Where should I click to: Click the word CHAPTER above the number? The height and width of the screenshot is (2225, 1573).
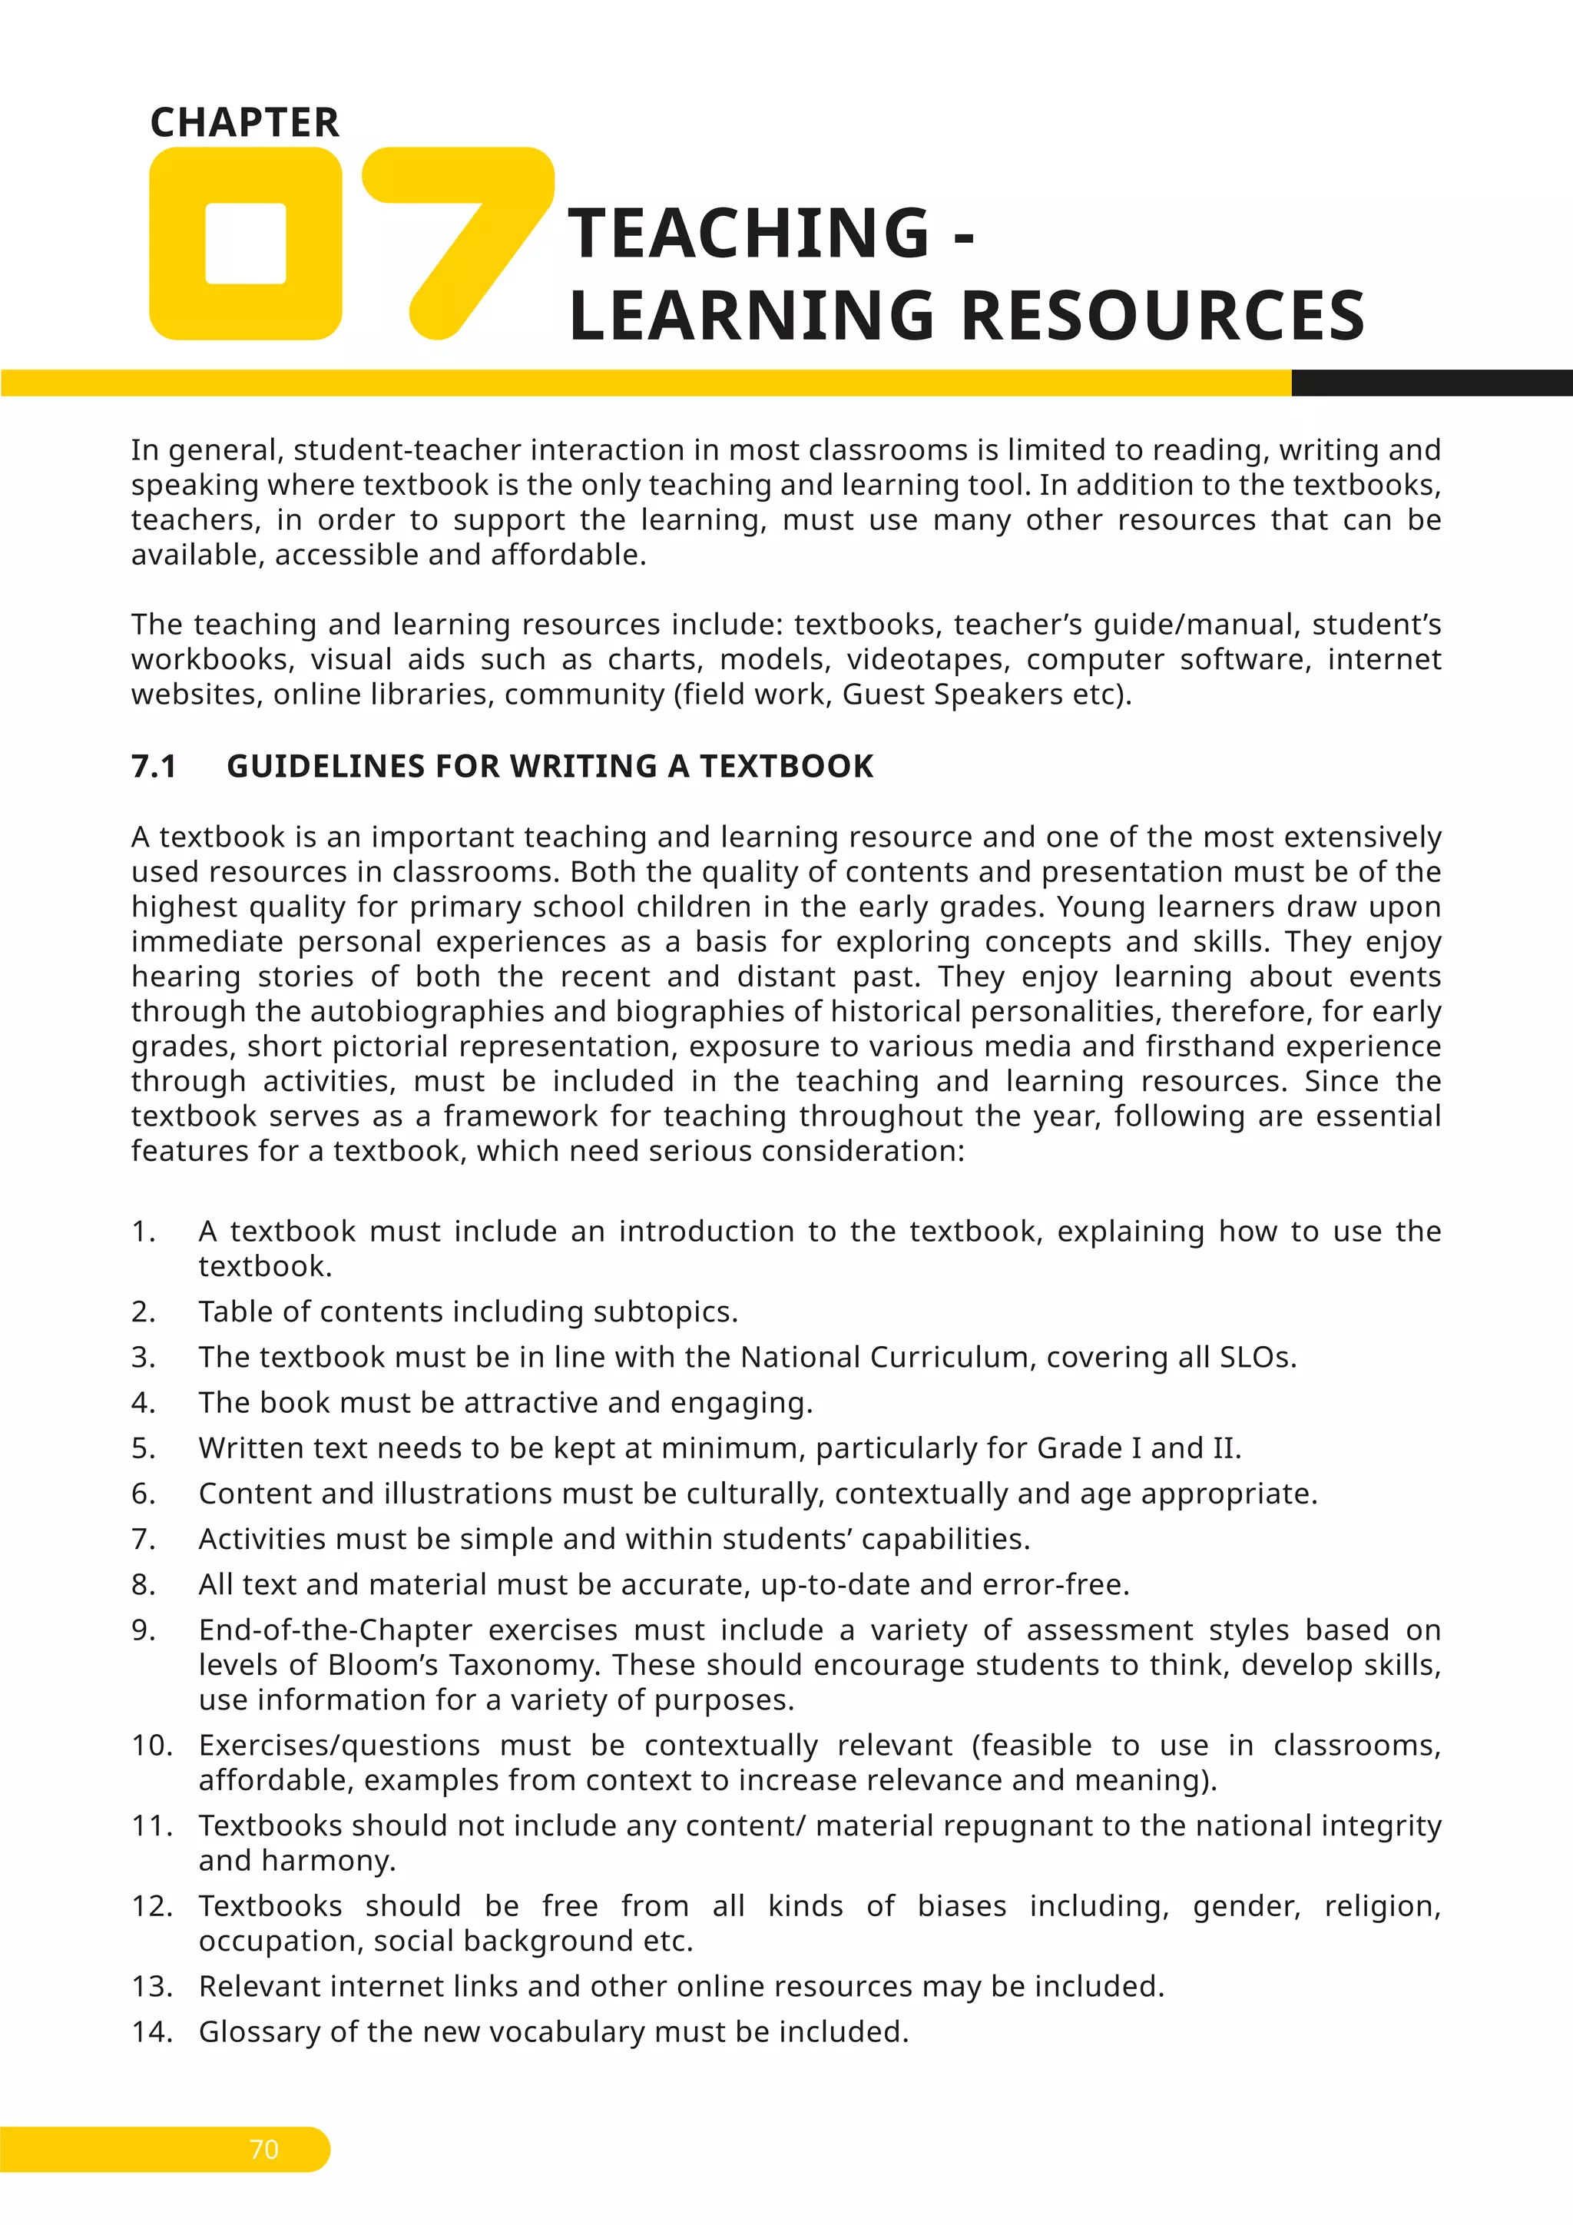245,123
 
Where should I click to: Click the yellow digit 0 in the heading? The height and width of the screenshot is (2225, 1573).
246,244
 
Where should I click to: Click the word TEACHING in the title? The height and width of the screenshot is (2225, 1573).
749,234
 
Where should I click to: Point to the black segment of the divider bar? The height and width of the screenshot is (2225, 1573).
1432,383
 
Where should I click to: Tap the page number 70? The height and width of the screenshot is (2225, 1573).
263,2150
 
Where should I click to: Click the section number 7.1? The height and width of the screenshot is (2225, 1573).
154,767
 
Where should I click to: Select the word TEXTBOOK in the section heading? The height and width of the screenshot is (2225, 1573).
786,767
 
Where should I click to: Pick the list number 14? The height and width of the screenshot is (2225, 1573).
152,2031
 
